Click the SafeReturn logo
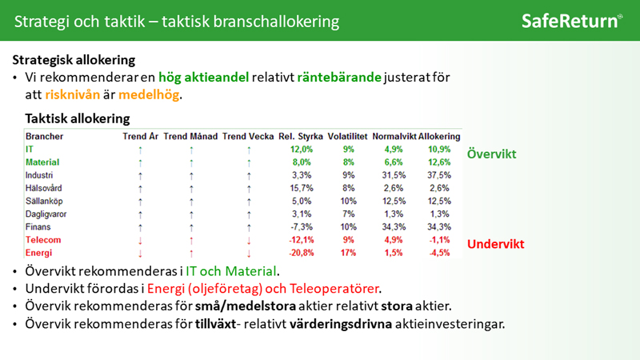(572, 21)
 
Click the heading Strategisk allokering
(74, 60)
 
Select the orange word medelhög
(149, 94)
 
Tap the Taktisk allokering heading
(77, 118)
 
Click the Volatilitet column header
(347, 136)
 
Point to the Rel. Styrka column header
(301, 136)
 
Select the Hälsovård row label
(44, 188)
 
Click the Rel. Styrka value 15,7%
(302, 188)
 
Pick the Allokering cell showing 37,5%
(439, 175)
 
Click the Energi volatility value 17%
(348, 253)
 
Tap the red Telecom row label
(43, 240)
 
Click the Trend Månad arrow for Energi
(191, 254)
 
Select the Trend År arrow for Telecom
(141, 241)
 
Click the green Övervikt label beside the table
(491, 154)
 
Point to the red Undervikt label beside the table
(495, 244)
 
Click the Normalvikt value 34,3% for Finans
(394, 227)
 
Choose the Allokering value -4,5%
(439, 253)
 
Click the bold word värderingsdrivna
(341, 324)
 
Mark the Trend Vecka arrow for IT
(249, 150)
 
